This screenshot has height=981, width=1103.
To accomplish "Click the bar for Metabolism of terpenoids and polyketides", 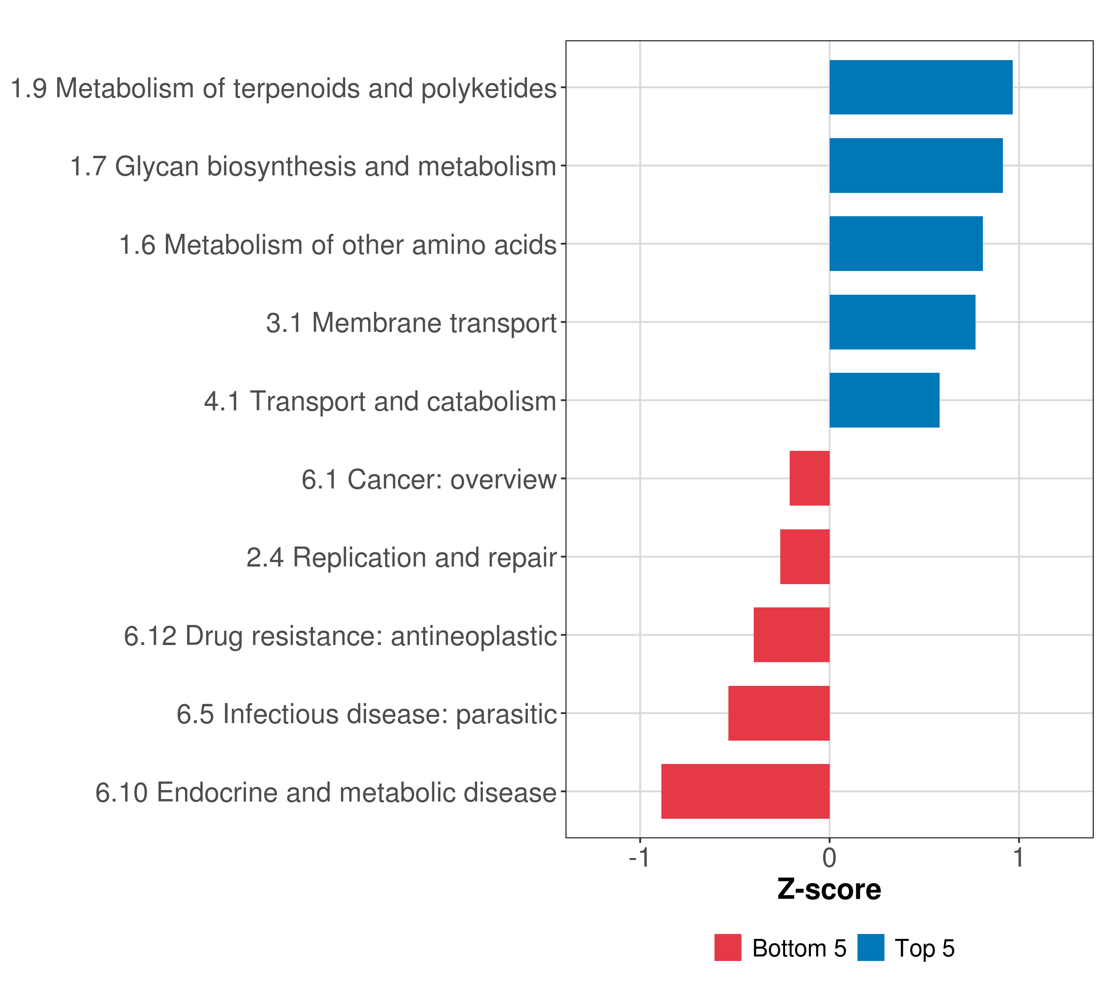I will tap(921, 87).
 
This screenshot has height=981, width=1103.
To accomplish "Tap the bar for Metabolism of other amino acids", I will tap(906, 244).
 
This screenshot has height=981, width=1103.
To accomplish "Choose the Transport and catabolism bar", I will tap(884, 400).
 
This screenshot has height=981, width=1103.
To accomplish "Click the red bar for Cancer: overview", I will tap(809, 478).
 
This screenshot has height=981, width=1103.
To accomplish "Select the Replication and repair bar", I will tap(805, 557).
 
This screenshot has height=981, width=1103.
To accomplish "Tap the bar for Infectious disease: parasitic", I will tap(779, 713).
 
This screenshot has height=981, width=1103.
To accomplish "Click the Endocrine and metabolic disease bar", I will tap(745, 791).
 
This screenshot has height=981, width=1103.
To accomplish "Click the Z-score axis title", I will tap(829, 890).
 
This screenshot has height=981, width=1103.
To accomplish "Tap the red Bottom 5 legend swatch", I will tap(728, 948).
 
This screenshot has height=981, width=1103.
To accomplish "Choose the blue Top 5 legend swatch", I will tap(871, 948).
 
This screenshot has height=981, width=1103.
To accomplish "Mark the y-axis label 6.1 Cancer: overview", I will tap(429, 479).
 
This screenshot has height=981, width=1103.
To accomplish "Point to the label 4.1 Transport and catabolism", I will tap(380, 401).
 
